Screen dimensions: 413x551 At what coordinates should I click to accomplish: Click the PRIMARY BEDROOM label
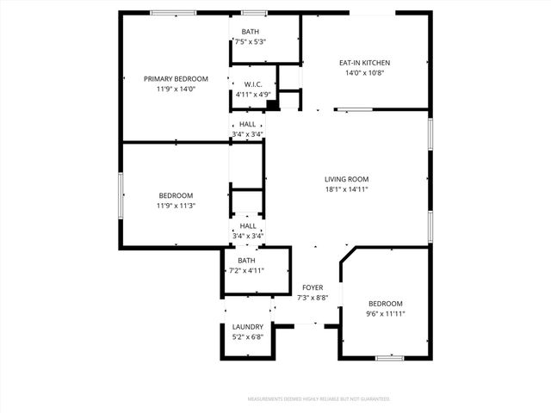[176, 78]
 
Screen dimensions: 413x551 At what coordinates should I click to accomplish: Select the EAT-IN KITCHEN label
[364, 63]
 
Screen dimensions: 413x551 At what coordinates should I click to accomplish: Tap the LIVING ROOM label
[347, 179]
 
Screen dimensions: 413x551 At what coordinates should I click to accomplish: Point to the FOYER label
[311, 287]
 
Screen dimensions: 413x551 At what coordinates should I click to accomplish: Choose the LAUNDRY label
[247, 327]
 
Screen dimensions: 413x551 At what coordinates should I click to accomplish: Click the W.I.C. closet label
[252, 84]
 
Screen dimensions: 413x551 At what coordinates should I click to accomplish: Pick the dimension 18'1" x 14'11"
[347, 189]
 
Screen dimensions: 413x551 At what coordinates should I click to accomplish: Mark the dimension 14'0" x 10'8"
[364, 73]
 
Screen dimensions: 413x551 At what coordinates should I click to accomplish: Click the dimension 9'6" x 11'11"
[386, 314]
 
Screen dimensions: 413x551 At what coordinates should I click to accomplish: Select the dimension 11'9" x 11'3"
[176, 206]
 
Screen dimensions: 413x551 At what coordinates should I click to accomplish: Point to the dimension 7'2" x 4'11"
[246, 270]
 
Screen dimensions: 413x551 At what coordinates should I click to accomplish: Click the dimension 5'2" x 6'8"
[247, 337]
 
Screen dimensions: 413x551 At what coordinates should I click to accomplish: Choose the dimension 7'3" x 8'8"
[311, 298]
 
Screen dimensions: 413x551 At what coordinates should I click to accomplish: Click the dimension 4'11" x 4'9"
[252, 94]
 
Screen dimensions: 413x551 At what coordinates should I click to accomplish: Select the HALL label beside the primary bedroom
[247, 124]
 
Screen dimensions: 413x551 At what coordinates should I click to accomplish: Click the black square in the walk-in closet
[272, 105]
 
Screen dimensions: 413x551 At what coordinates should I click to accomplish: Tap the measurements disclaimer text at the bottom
[319, 399]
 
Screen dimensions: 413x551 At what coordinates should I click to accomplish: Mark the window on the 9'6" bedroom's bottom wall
[390, 358]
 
